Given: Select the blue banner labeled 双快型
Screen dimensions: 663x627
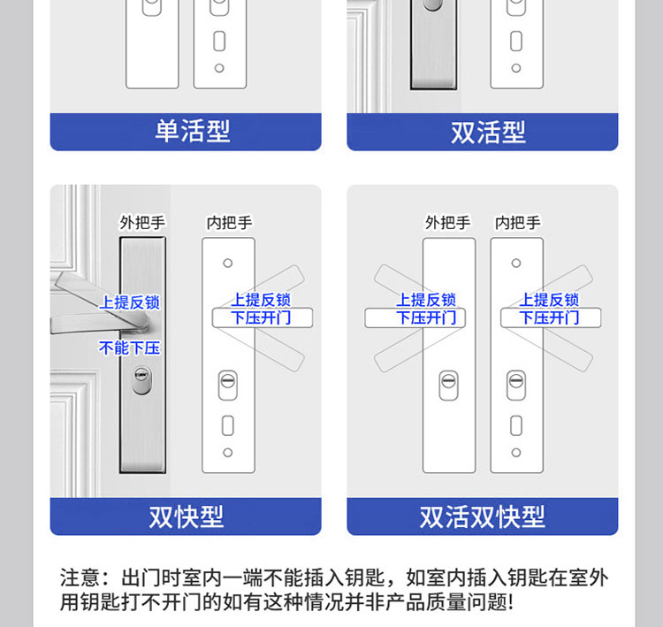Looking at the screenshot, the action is [x=186, y=516].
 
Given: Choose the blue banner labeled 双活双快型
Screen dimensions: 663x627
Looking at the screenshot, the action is [x=483, y=516].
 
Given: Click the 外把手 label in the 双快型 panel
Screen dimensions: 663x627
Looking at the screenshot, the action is [x=142, y=223].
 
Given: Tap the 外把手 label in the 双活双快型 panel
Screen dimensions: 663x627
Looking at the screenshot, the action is [x=448, y=223].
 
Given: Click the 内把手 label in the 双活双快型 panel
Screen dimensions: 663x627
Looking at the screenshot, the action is [x=517, y=223].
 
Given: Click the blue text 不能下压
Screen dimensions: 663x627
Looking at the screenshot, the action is [x=130, y=348].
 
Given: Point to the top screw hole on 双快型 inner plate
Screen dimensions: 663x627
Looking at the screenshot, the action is [x=228, y=264].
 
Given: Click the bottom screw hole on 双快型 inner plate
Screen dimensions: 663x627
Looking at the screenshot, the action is [x=228, y=452].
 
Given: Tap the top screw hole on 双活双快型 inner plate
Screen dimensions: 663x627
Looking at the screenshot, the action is [x=516, y=264].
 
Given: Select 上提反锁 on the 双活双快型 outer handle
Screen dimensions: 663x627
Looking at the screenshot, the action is [x=426, y=301].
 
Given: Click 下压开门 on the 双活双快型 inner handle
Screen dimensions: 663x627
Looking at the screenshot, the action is [x=549, y=317].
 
